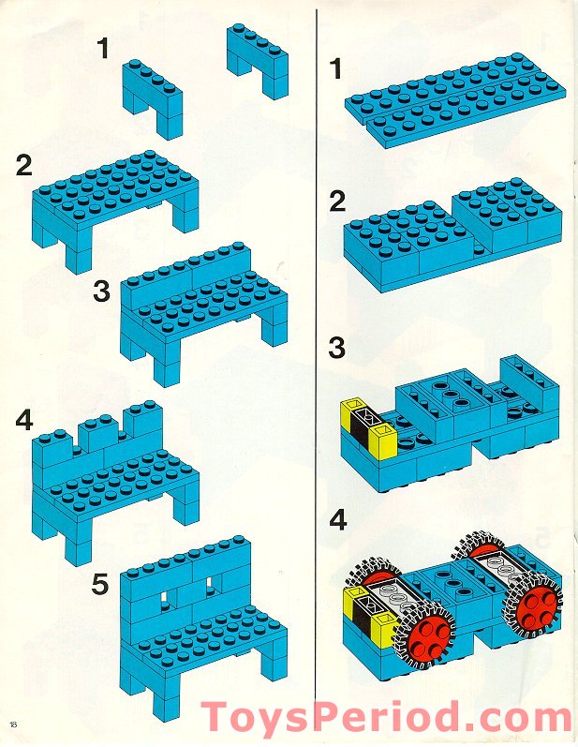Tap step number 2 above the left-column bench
click(25, 167)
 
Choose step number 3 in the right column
click(336, 348)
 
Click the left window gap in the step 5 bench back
click(168, 596)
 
